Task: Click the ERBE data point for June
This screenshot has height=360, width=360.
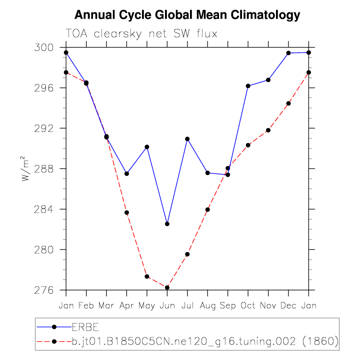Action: tap(167, 224)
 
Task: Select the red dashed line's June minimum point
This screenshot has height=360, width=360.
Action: tap(167, 287)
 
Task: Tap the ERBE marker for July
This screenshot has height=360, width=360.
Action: tap(187, 138)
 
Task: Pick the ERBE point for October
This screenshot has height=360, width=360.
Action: tap(248, 86)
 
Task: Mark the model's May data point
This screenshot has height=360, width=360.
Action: tap(147, 276)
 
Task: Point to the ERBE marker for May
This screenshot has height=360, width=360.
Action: tap(147, 147)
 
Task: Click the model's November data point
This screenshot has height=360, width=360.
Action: tap(268, 130)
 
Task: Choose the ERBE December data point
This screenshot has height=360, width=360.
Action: tap(288, 53)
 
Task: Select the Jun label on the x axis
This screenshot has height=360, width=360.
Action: tap(167, 304)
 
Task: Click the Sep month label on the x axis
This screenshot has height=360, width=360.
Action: tap(227, 304)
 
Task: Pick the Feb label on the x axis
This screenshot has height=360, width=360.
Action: tap(86, 304)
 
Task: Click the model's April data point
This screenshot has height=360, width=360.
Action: tap(126, 212)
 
